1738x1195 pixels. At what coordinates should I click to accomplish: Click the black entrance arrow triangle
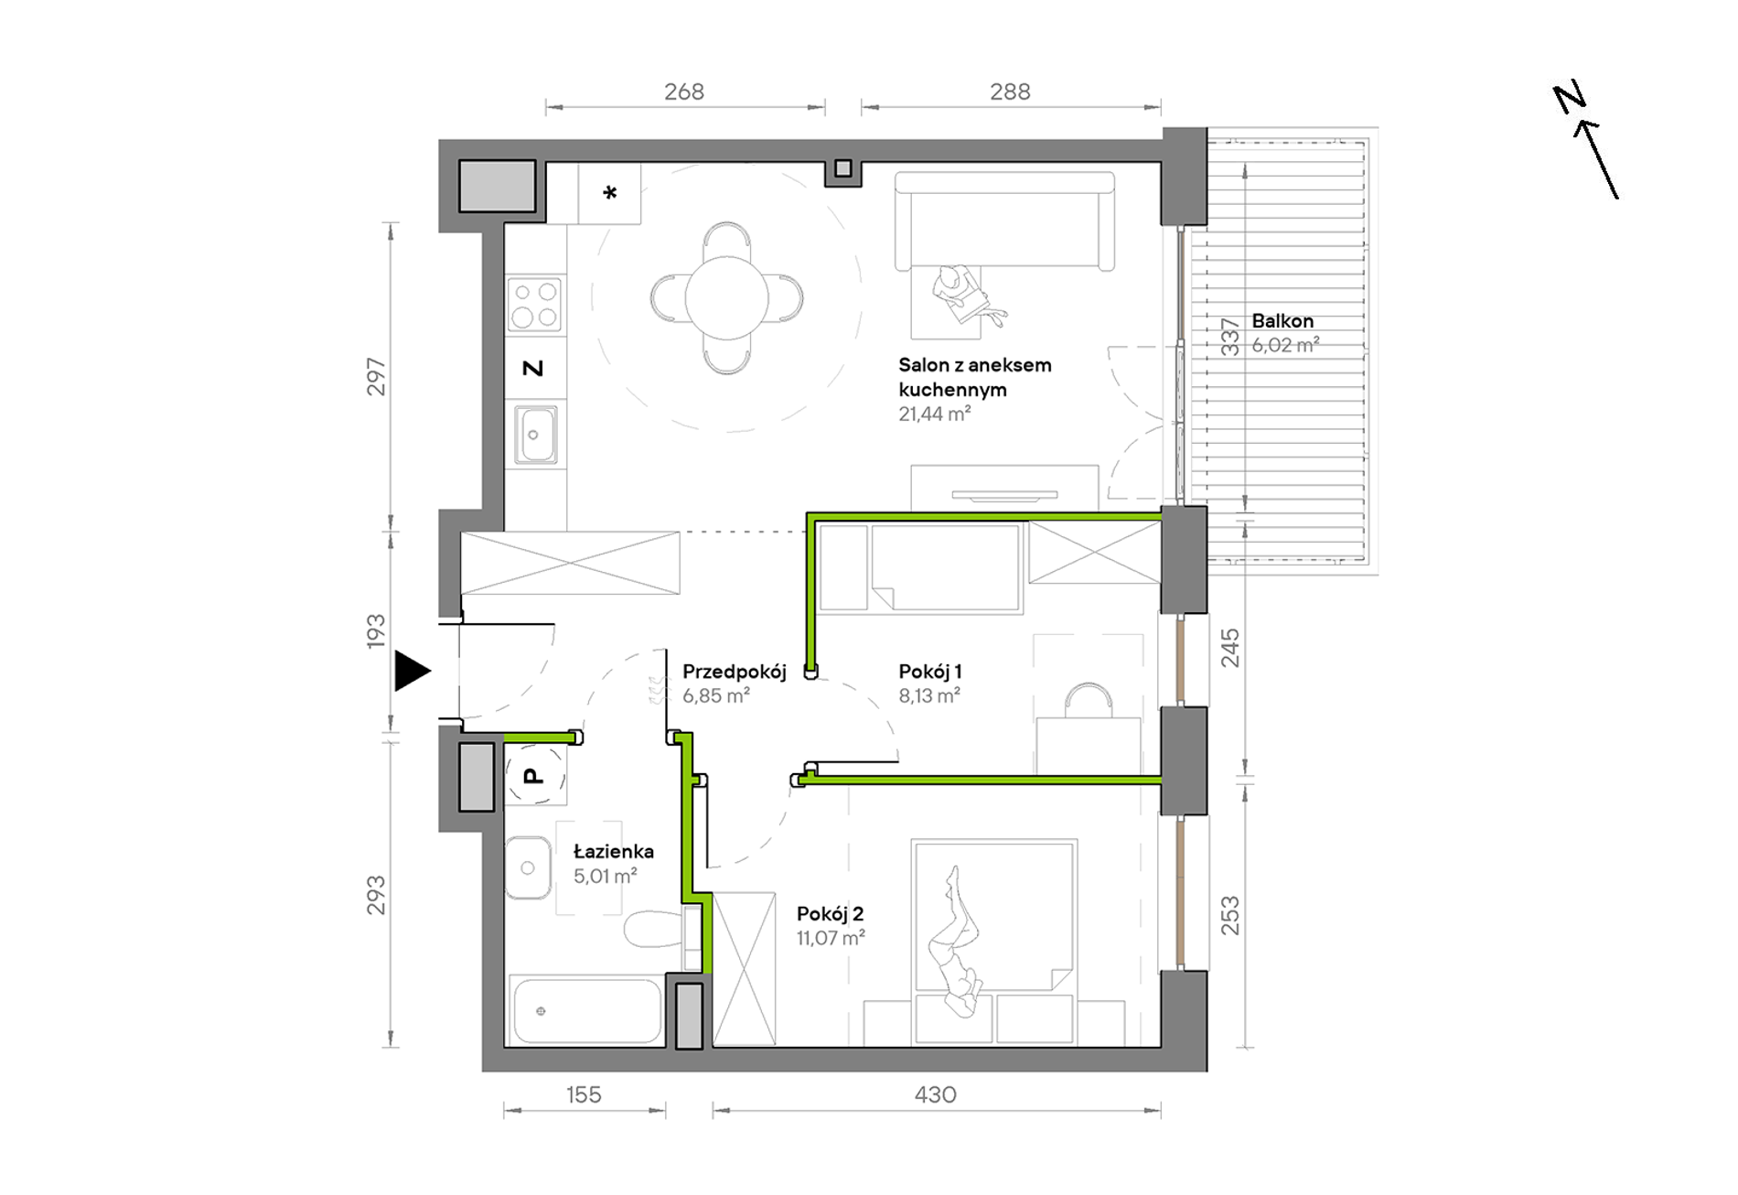(411, 671)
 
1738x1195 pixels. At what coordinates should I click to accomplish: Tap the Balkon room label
(1282, 321)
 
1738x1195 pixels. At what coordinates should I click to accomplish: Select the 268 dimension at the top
(684, 92)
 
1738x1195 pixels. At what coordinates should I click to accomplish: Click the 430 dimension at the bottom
(935, 1094)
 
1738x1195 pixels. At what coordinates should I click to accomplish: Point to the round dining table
(727, 298)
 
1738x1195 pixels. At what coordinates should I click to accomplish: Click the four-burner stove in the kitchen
(535, 305)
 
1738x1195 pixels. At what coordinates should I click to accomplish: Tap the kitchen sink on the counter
(535, 435)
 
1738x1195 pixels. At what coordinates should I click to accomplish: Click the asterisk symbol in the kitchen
(610, 193)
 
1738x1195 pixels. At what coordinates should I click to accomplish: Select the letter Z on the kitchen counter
(532, 368)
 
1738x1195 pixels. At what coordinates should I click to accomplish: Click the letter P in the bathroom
(532, 776)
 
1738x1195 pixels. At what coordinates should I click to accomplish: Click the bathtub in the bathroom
(587, 1011)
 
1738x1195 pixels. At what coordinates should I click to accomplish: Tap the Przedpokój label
(734, 672)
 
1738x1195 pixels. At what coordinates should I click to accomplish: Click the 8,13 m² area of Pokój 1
(929, 696)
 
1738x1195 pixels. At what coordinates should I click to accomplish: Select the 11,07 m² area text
(831, 938)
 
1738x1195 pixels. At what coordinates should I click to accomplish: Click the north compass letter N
(1570, 98)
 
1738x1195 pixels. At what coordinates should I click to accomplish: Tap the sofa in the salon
(1004, 221)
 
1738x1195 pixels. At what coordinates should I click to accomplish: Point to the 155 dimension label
(584, 1094)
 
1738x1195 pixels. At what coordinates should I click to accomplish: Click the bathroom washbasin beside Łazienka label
(528, 867)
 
